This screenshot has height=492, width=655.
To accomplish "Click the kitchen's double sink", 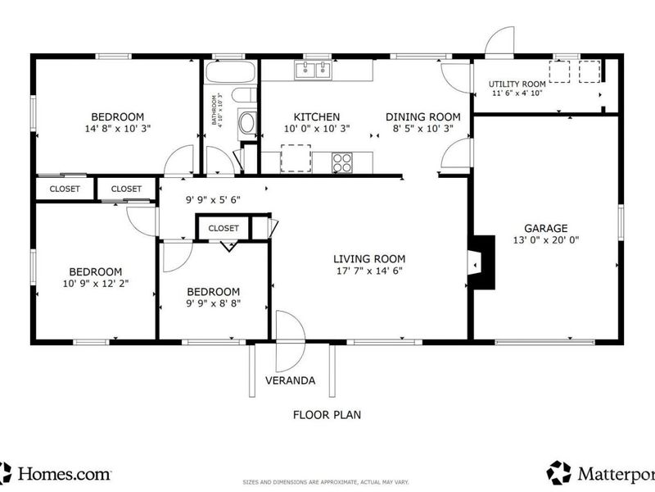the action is [x=313, y=70].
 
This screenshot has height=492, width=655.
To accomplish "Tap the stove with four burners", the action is [x=341, y=162].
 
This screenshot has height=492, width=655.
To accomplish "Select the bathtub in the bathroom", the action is [x=230, y=71].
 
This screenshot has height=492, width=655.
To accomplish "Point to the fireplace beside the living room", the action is [x=481, y=262].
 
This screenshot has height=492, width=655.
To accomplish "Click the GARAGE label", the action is [x=545, y=228].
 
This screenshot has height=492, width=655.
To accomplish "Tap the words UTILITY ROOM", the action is [x=517, y=84].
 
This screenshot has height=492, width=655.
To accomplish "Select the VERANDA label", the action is [x=291, y=380].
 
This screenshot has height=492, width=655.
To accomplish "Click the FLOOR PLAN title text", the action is [x=327, y=415].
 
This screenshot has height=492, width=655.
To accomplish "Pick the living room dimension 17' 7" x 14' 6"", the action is [x=369, y=271].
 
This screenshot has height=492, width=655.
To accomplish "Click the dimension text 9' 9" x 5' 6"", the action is [x=213, y=200].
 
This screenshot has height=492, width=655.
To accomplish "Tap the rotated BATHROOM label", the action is [x=214, y=110].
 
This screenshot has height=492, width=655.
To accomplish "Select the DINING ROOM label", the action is [x=422, y=116].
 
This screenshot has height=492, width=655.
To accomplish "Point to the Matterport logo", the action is [x=601, y=473].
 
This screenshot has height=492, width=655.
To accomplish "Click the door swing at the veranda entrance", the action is [x=291, y=341].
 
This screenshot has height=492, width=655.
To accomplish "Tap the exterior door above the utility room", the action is [x=499, y=40].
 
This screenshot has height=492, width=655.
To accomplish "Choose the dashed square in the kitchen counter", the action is [x=296, y=158].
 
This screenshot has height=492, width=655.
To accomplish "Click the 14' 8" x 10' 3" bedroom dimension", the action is [x=117, y=129].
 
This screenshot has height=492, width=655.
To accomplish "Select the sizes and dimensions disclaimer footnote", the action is [x=325, y=482].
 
